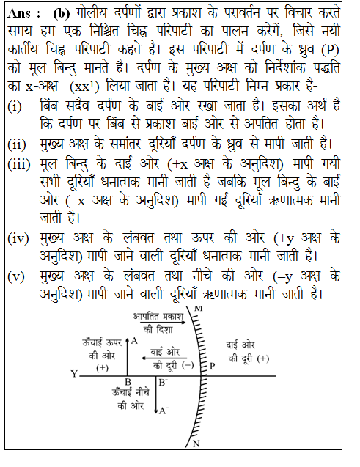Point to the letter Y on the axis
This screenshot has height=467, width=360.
coord(74,374)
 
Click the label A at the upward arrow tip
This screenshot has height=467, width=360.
coord(134,340)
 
